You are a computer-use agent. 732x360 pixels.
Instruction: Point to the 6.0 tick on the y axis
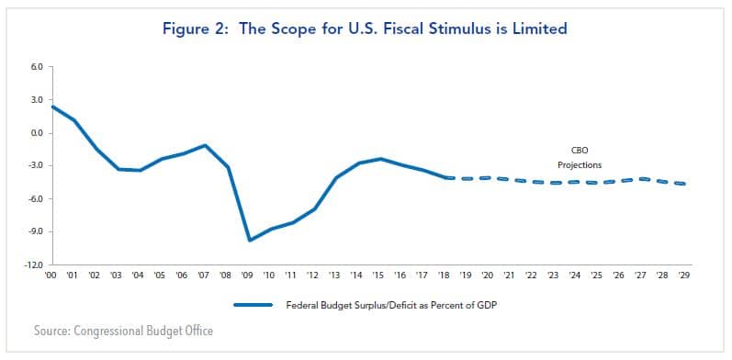37,67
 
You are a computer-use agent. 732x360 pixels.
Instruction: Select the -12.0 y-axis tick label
34,264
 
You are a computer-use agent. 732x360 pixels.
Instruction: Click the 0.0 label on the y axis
37,133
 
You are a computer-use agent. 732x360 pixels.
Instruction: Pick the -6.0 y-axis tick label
36,199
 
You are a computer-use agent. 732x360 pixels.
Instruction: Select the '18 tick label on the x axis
445,275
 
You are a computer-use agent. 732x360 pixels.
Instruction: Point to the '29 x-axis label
683,275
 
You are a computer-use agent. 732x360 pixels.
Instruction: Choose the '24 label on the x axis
575,275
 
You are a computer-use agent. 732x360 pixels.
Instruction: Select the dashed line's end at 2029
683,184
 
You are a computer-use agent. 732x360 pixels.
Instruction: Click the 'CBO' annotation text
579,151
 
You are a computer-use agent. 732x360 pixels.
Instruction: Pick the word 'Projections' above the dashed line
579,165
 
